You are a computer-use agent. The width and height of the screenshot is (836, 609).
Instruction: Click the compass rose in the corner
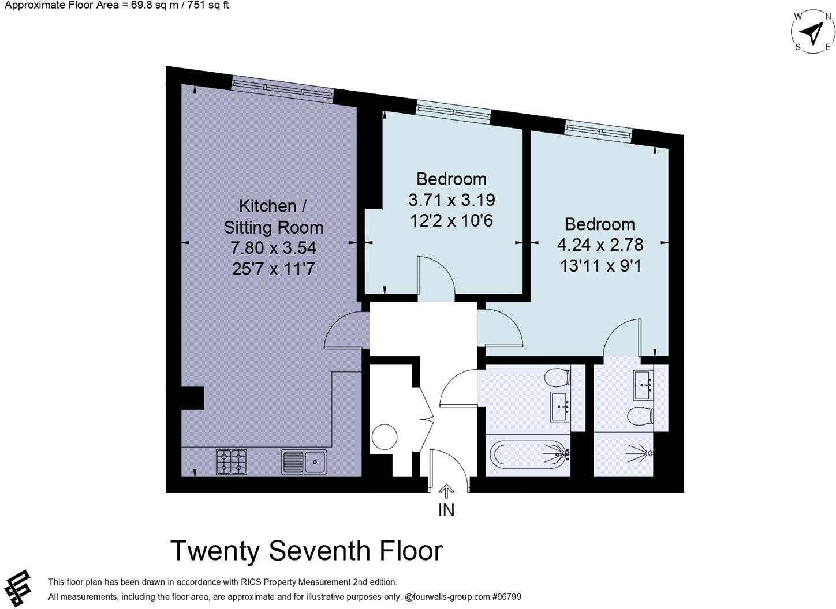812,32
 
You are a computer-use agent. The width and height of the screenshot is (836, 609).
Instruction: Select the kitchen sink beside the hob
304,461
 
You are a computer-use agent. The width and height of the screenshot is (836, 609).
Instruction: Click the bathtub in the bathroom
528,454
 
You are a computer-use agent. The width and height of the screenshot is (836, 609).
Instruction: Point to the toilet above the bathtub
557,378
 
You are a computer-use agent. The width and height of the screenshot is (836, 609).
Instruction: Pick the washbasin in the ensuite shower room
644,385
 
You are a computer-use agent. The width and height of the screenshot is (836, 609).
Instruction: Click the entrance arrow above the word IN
446,491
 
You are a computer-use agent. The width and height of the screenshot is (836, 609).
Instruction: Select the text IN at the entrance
446,510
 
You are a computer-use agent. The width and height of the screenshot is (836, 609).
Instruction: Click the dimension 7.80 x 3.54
273,248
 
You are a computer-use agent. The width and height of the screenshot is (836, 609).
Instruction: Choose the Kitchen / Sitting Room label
273,216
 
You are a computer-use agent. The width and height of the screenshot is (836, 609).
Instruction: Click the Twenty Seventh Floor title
306,551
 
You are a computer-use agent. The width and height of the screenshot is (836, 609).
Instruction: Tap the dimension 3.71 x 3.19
451,200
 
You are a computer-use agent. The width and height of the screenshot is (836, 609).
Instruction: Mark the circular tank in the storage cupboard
384,437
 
